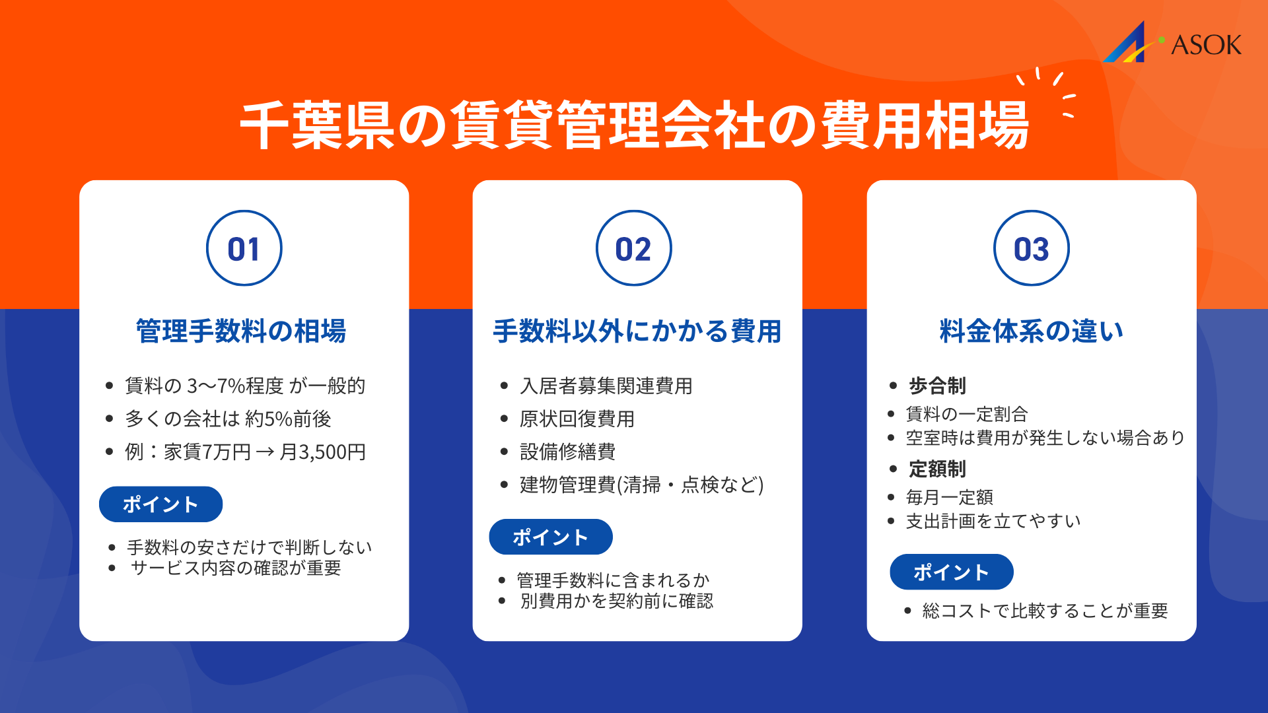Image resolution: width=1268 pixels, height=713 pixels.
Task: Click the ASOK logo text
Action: pos(1205,45)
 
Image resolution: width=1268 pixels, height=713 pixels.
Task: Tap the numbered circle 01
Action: pos(244,248)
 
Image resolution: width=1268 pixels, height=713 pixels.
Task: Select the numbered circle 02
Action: pos(633,248)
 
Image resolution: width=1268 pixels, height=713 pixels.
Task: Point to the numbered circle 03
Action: pos(1031,248)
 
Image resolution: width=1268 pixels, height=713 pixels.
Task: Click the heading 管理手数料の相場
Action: pos(241,331)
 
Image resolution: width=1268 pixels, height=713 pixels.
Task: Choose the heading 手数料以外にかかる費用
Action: pos(637,331)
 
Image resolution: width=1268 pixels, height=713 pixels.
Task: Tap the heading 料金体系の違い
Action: pos(1031,331)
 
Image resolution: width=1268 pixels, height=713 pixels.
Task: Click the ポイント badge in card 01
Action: pos(160,504)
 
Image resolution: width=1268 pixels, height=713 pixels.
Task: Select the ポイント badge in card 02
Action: pos(550,537)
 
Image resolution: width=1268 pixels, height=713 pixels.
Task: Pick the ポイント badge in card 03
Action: pos(951,572)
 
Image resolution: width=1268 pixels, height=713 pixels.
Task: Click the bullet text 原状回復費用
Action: pos(577,419)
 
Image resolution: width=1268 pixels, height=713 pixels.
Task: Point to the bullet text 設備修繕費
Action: pos(567,452)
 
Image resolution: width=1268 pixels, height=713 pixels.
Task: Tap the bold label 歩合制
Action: pos(937,386)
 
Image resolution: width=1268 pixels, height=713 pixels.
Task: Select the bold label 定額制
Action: pos(937,469)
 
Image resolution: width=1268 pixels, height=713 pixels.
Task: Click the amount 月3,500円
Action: pos(322,452)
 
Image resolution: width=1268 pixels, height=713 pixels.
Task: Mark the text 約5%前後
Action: pos(288,419)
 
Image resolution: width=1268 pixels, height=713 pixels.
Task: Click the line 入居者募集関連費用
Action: pos(606,386)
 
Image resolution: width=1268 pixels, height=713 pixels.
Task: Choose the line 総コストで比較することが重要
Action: pos(1045,611)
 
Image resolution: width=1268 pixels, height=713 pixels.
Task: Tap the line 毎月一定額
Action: pos(949,497)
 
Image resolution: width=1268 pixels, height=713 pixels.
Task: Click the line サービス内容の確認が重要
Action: pos(236,568)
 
